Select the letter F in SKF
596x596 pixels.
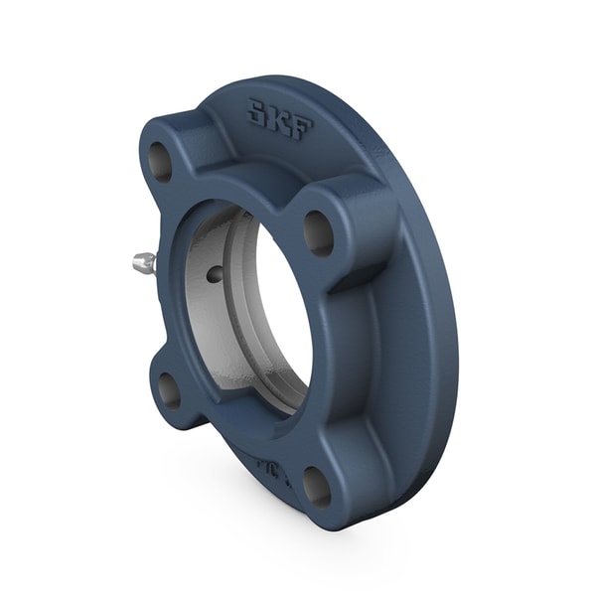coord(300,127)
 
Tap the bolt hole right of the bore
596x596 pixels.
coord(318,232)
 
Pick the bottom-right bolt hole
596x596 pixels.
coord(316,486)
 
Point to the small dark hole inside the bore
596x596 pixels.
coord(213,274)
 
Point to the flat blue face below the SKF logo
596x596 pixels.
coord(298,164)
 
